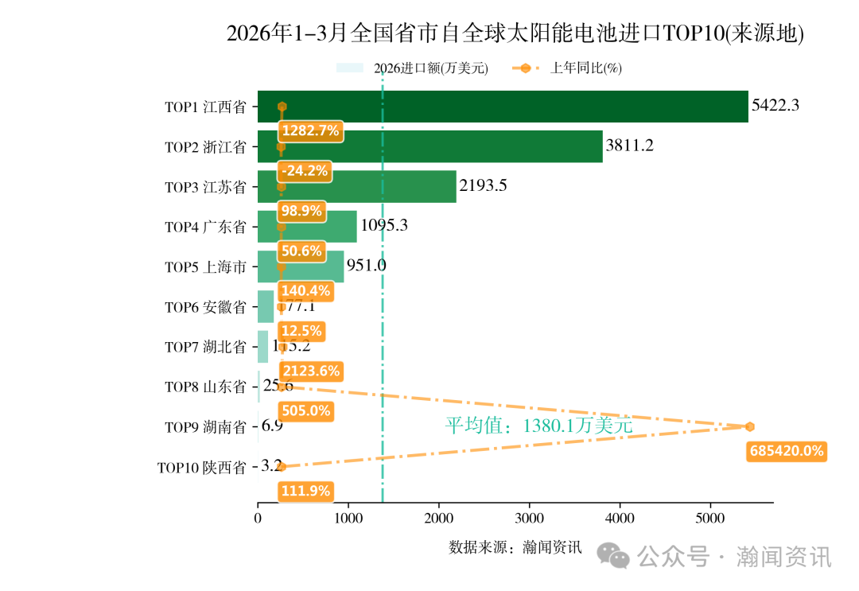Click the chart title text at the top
point(515,33)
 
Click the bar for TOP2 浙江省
point(429,146)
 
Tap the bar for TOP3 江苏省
point(357,186)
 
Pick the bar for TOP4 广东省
point(307,227)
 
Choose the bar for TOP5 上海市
point(301,266)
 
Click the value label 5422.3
point(775,105)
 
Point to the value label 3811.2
point(629,146)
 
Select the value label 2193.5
point(483,185)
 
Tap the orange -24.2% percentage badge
point(303,171)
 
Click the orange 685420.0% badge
point(786,451)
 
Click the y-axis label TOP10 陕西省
point(201,468)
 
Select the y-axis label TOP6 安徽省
point(205,307)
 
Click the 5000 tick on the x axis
point(710,519)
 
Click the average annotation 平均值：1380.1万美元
point(538,426)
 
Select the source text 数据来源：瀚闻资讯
point(515,547)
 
